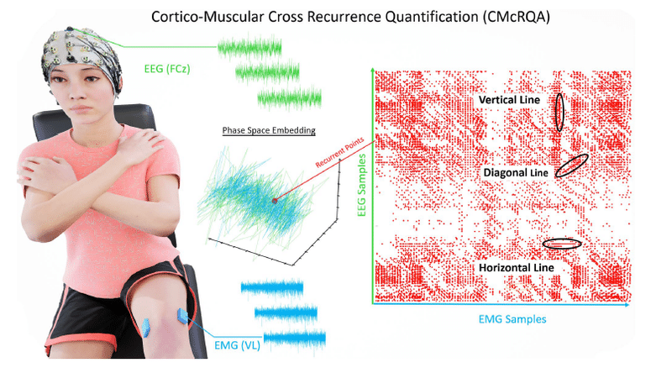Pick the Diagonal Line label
515,172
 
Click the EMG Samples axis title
511,319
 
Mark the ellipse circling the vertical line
559,111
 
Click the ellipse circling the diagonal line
572,165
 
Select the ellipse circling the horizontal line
561,244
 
